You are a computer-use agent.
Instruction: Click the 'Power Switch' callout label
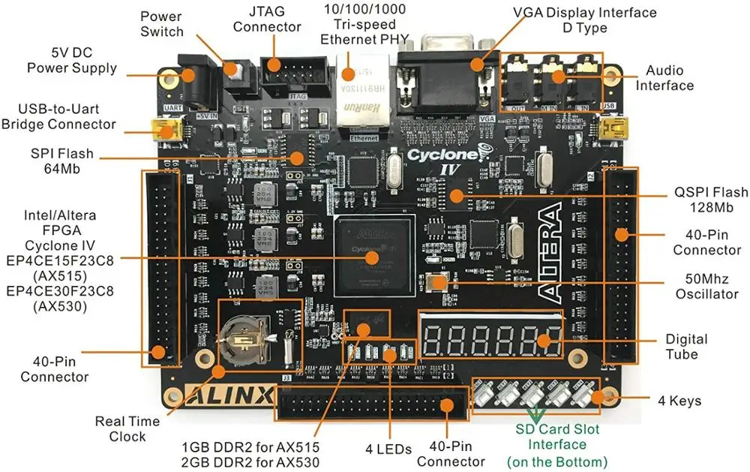tap(161, 23)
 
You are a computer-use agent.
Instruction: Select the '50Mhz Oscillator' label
tap(706, 286)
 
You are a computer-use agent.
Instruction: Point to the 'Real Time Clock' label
tap(127, 428)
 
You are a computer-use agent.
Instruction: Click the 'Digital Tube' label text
tap(686, 347)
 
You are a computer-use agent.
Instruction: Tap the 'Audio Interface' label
tap(664, 77)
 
